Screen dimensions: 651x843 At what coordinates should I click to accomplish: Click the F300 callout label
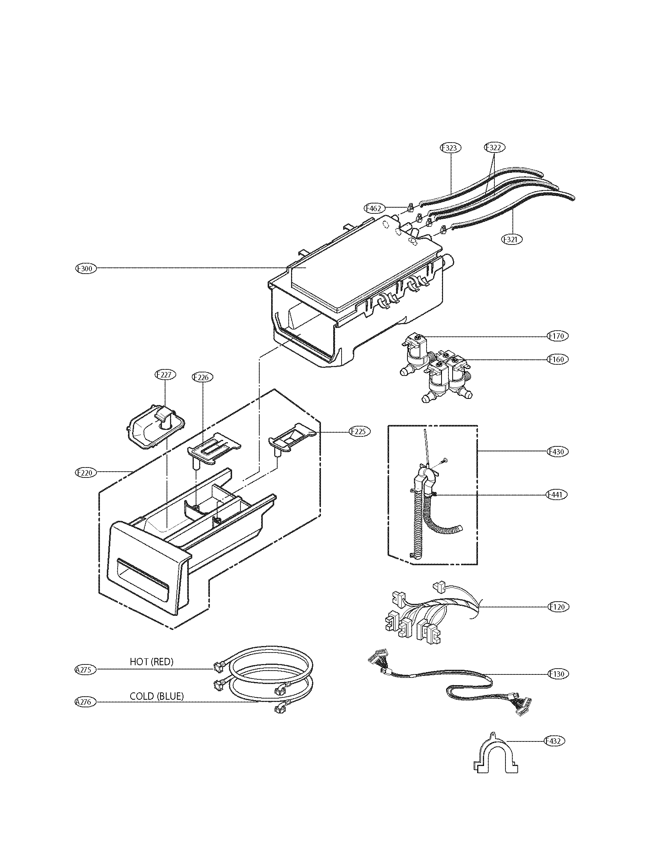(x=85, y=268)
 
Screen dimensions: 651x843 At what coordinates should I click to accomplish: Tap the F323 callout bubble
(x=450, y=148)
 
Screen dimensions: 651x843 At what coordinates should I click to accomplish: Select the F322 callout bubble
(x=494, y=147)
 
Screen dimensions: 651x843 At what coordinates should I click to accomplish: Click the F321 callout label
(x=511, y=239)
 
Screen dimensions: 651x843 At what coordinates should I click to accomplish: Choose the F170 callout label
(x=558, y=336)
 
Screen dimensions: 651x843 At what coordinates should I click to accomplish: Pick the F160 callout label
(x=558, y=359)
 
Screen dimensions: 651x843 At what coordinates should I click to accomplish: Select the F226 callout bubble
(x=203, y=377)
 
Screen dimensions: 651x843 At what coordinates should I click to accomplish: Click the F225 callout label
(x=360, y=431)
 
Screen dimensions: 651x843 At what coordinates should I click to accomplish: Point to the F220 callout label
(x=85, y=472)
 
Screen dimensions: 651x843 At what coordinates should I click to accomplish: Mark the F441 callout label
(x=558, y=495)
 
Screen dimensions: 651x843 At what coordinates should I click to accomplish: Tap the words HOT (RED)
(x=152, y=662)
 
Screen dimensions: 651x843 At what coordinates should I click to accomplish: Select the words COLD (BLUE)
(x=157, y=696)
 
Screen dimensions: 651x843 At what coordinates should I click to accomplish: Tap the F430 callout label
(x=558, y=451)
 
